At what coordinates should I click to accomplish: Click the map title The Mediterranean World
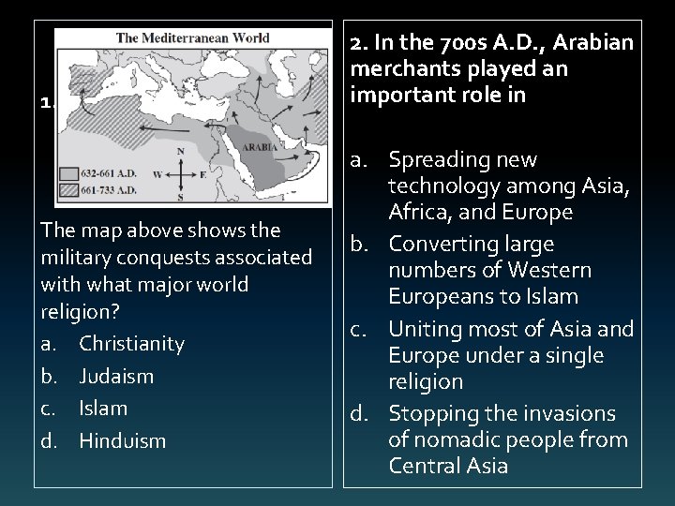(x=193, y=38)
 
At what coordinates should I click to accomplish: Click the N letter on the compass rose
(x=181, y=151)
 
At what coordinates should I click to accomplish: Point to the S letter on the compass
(x=181, y=196)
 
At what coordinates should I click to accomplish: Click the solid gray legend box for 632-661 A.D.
(x=68, y=173)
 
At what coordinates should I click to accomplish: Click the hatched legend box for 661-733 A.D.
(x=68, y=190)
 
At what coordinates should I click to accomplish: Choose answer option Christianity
(x=131, y=344)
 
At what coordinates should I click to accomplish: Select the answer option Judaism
(x=116, y=376)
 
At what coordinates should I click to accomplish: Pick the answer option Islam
(x=103, y=408)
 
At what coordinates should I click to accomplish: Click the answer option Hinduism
(x=122, y=439)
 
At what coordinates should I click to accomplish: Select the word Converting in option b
(x=438, y=245)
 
